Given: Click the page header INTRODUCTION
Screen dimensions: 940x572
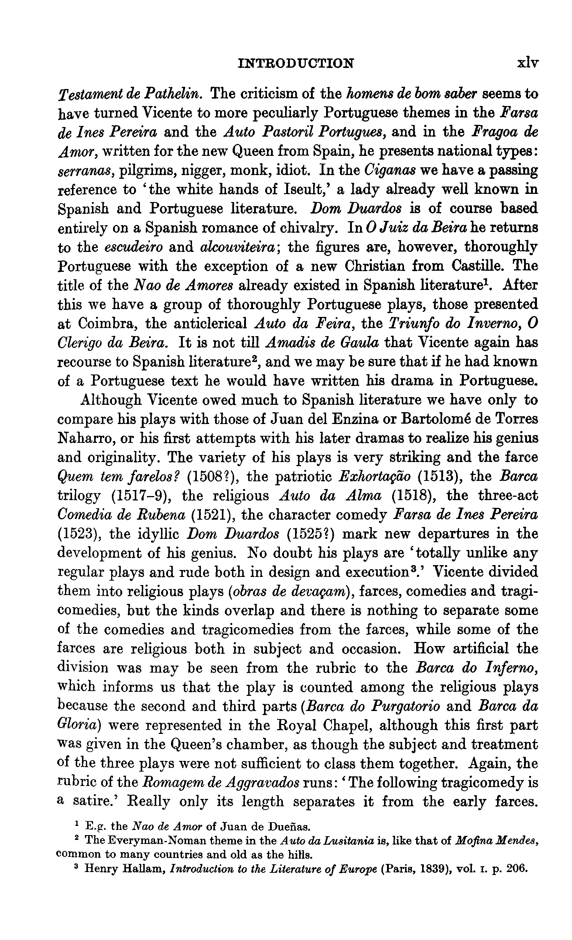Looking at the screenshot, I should coord(295,63).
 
